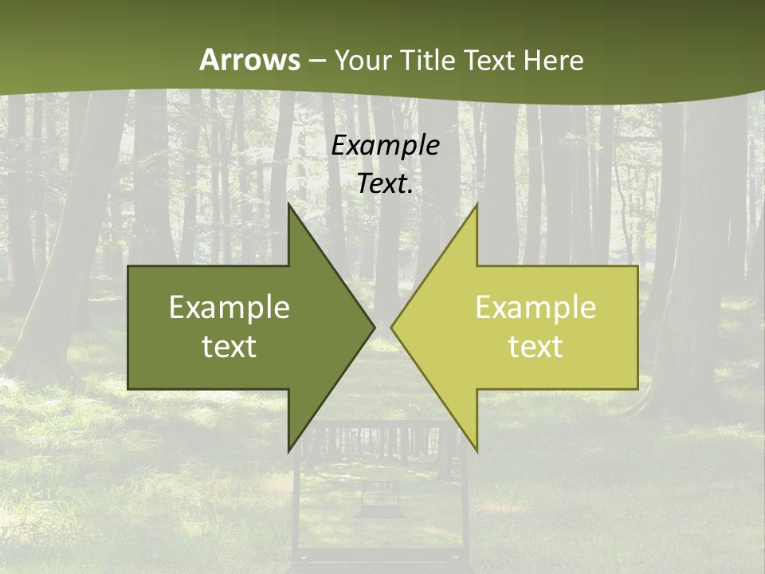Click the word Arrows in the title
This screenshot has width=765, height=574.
pyautogui.click(x=250, y=60)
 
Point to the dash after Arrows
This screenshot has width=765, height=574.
pyautogui.click(x=316, y=61)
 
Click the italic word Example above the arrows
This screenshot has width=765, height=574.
pyautogui.click(x=386, y=146)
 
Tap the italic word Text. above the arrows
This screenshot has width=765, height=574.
pyautogui.click(x=386, y=183)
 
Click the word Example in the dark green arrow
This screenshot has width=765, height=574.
pyautogui.click(x=229, y=308)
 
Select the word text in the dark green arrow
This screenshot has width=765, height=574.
pyautogui.click(x=229, y=347)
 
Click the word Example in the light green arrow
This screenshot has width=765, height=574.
pyautogui.click(x=535, y=308)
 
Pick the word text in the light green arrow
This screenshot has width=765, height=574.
pyautogui.click(x=535, y=347)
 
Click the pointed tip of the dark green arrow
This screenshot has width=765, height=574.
pyautogui.click(x=374, y=327)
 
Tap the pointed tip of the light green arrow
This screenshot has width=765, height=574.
pyautogui.click(x=392, y=327)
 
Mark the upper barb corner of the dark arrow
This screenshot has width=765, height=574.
pyautogui.click(x=289, y=204)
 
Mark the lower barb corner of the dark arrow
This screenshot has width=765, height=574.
pyautogui.click(x=289, y=450)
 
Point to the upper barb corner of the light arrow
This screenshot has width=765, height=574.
pyautogui.click(x=477, y=204)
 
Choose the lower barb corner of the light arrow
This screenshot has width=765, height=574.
pyautogui.click(x=477, y=450)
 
